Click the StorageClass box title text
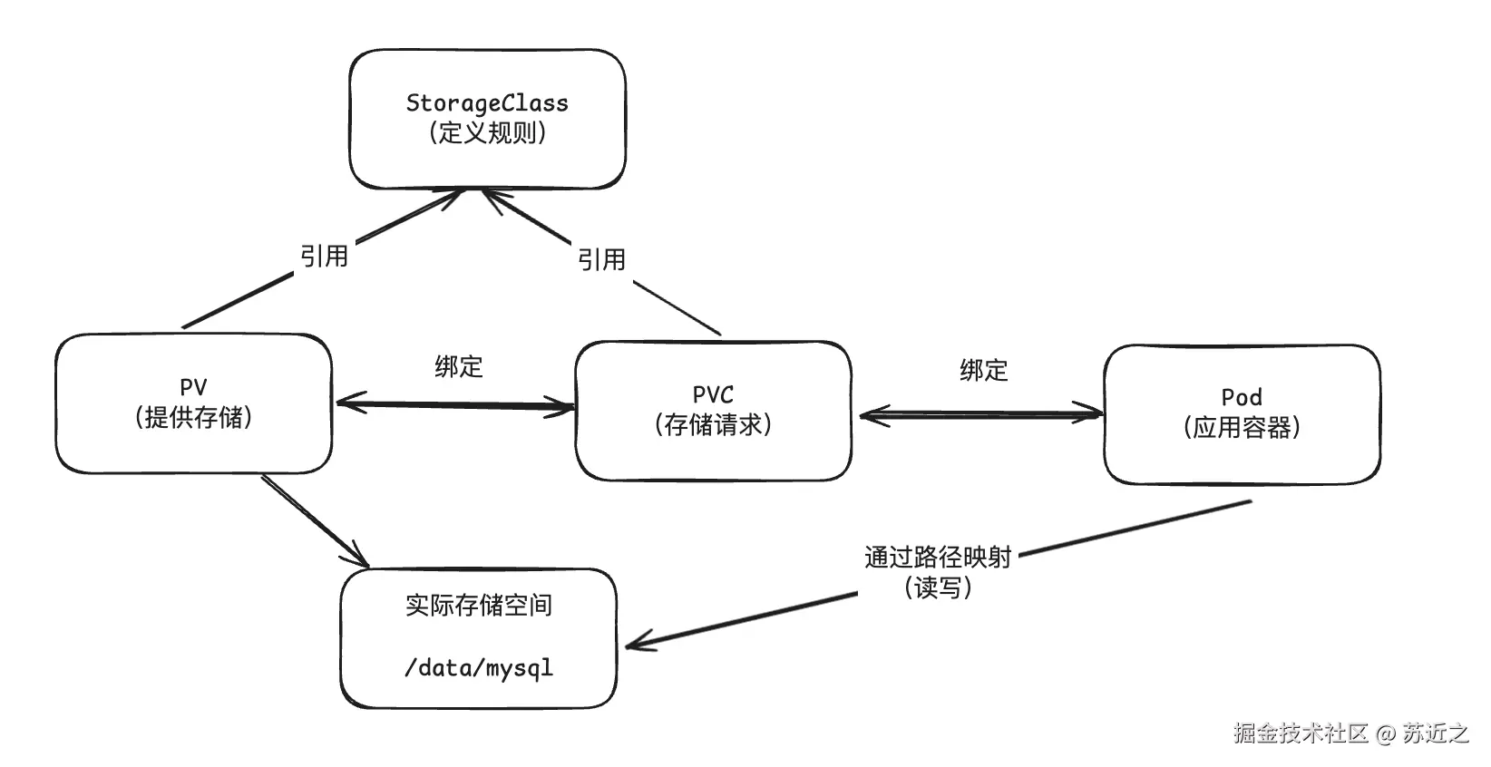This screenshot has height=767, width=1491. [487, 102]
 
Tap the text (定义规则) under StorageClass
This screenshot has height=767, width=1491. [487, 133]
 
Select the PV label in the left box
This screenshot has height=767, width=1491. [193, 387]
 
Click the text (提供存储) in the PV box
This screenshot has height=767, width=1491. [193, 417]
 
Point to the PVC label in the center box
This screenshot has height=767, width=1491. [713, 394]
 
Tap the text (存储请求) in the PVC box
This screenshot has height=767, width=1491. [713, 424]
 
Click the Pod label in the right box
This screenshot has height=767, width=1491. [1242, 397]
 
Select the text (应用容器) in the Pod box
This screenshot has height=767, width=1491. [1242, 427]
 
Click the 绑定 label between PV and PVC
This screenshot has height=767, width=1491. [459, 366]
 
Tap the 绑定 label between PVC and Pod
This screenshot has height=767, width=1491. [984, 370]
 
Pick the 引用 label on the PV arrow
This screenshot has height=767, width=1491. [324, 257]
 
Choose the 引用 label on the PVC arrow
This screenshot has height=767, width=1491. [601, 260]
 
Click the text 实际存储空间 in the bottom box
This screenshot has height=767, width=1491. [478, 605]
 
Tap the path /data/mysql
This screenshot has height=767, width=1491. [478, 668]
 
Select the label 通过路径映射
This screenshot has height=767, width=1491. [937, 557]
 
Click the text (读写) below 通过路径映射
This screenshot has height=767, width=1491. [937, 587]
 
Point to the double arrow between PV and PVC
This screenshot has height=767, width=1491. [453, 404]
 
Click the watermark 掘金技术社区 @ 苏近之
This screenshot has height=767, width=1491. [1350, 733]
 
